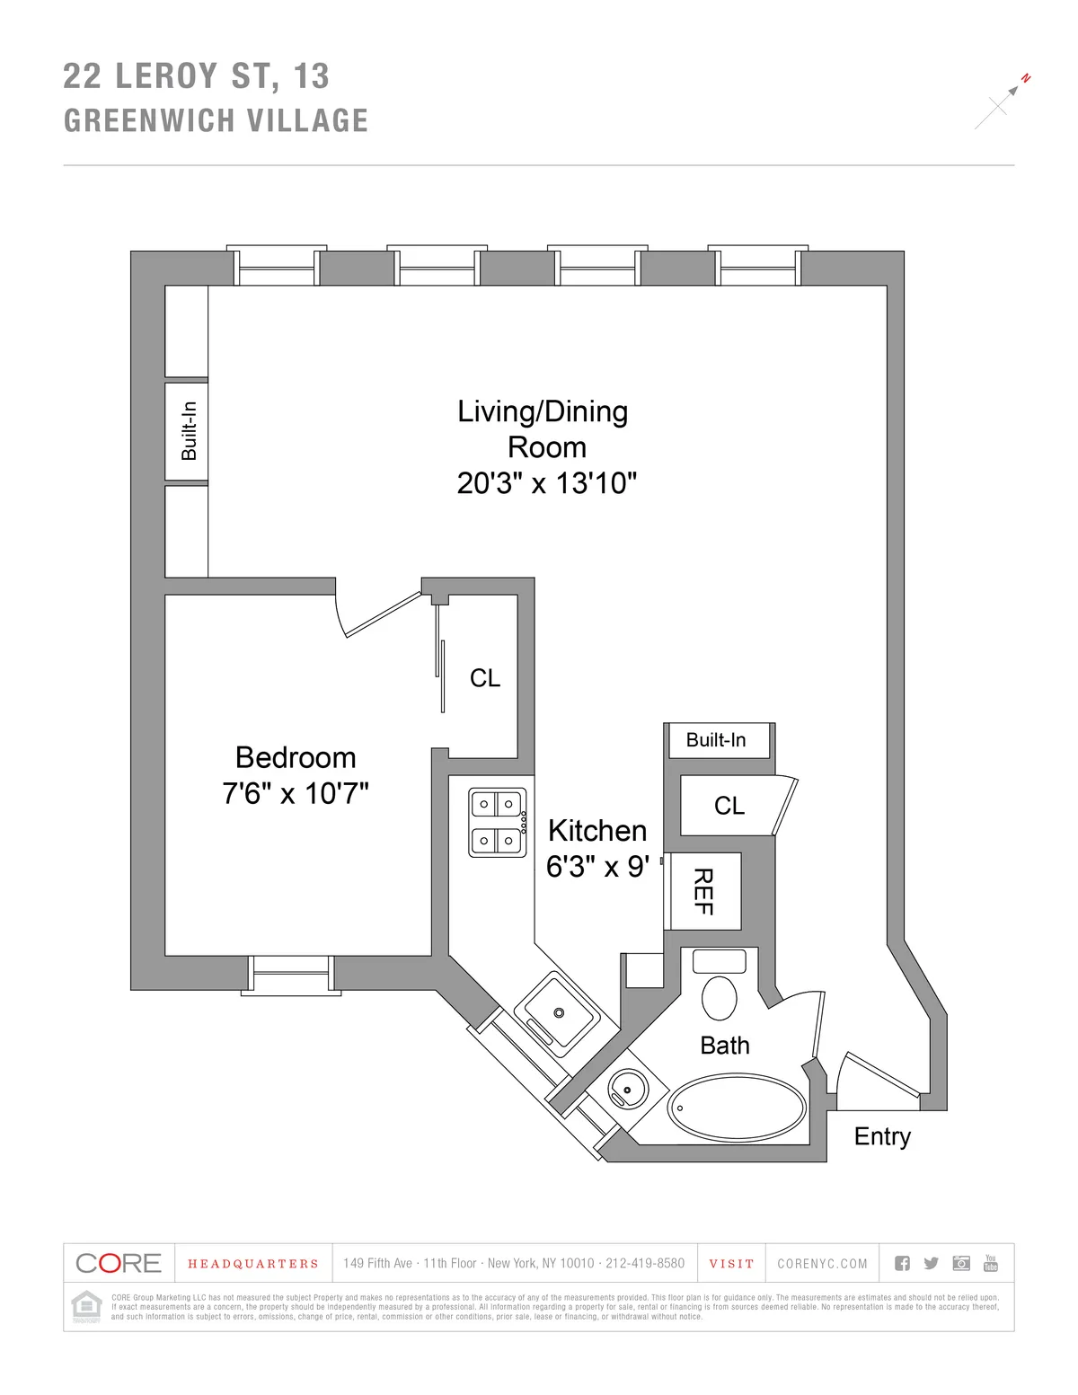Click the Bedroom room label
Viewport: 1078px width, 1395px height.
(296, 757)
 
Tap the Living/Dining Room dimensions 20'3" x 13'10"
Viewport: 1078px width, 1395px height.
(546, 483)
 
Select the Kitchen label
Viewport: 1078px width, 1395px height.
(597, 830)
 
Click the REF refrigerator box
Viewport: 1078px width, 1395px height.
(703, 891)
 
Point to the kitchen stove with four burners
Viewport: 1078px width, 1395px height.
(497, 822)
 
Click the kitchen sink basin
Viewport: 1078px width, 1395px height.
(558, 1012)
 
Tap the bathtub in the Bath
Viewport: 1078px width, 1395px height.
(737, 1108)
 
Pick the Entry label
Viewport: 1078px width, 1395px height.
(882, 1136)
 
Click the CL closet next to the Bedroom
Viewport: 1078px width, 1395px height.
(484, 678)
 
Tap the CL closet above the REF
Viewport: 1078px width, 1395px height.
(729, 806)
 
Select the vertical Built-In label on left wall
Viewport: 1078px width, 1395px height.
(188, 431)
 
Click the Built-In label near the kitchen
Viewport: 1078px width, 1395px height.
(716, 740)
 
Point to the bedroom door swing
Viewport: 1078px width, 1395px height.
(377, 614)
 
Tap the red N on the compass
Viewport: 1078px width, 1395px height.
(1026, 79)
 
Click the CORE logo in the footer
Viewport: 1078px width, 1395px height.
(119, 1263)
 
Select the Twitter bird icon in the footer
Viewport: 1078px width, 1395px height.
(932, 1263)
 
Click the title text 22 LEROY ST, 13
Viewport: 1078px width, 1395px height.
(196, 76)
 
